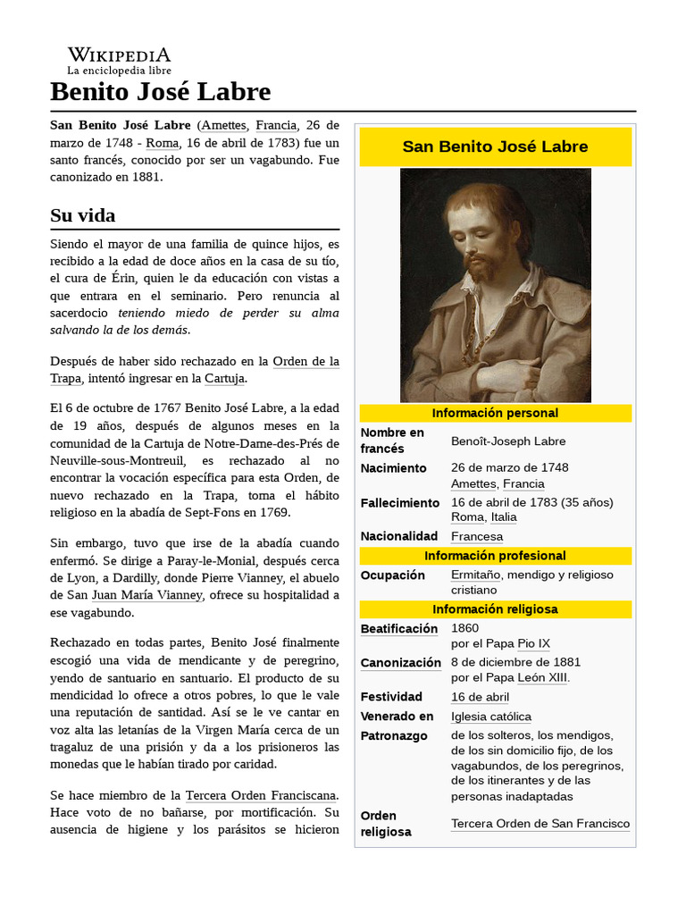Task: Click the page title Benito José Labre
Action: click(x=160, y=91)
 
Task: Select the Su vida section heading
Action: click(x=83, y=215)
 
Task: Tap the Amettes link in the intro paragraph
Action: click(x=223, y=125)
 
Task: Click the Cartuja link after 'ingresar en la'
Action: click(x=223, y=379)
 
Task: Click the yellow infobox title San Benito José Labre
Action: click(x=495, y=147)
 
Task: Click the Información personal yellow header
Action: click(x=495, y=413)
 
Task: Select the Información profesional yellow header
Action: click(x=495, y=556)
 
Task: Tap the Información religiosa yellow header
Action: click(x=495, y=609)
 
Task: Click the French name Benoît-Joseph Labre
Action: click(x=507, y=441)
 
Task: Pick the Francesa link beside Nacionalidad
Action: click(x=476, y=536)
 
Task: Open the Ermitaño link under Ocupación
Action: click(x=475, y=575)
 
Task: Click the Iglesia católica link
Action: click(x=490, y=717)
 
